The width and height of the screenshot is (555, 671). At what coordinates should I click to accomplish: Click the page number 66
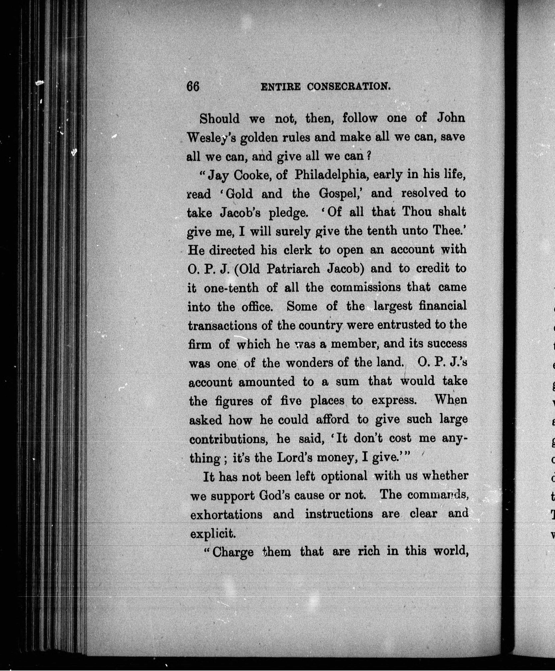(x=193, y=87)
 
